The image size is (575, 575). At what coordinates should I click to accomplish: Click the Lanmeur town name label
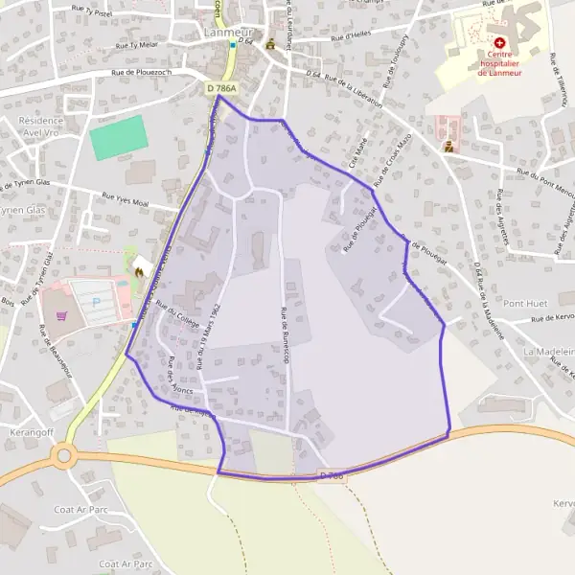tap(228, 31)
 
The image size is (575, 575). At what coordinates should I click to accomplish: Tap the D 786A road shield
tap(220, 88)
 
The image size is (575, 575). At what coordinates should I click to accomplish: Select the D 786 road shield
tap(332, 474)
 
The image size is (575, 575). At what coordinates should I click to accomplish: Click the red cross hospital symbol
tap(499, 43)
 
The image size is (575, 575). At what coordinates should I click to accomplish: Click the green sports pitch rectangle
tap(119, 138)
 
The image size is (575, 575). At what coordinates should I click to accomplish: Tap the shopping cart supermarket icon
tap(64, 312)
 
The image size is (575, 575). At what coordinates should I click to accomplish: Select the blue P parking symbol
tap(95, 301)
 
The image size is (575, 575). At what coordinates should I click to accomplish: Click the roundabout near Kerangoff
tap(65, 456)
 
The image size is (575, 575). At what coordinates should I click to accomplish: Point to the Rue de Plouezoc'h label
tap(141, 72)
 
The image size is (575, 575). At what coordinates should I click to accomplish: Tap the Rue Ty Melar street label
tap(136, 44)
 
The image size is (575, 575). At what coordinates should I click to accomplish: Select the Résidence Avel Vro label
tap(40, 127)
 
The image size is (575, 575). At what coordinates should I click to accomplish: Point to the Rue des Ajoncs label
tap(180, 376)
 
